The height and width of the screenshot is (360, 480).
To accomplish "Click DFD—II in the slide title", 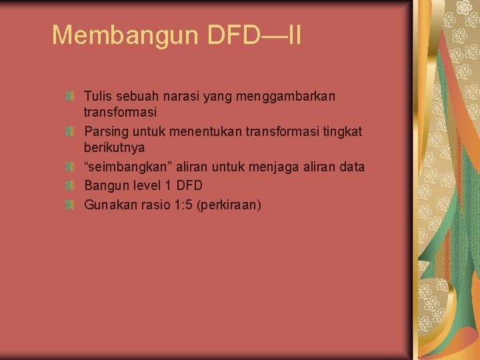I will click(x=254, y=35).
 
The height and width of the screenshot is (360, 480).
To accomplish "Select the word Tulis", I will click(x=98, y=97).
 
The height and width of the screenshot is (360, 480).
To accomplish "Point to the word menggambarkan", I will click(x=288, y=97).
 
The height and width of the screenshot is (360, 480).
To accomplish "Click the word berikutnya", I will click(x=114, y=147).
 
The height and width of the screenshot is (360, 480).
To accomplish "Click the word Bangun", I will click(x=105, y=185).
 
